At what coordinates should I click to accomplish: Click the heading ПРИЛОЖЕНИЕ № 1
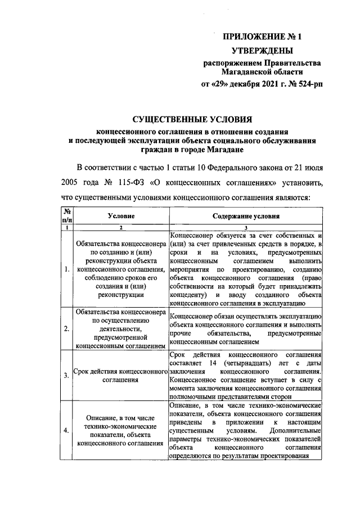point(263,38)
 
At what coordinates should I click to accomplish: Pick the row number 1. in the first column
point(67,269)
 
